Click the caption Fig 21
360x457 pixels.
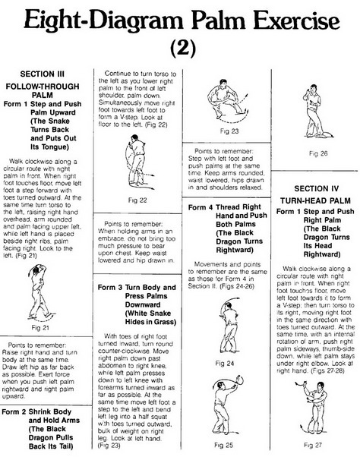40,328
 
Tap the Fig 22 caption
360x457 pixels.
137,200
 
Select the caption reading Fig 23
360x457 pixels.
229,131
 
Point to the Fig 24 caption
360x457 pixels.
225,363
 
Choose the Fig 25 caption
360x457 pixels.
223,445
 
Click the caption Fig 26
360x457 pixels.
318,153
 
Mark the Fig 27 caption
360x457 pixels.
313,445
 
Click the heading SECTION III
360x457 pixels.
43,74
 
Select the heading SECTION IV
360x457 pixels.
316,188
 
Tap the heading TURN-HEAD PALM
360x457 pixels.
315,200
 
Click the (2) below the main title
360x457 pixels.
183,47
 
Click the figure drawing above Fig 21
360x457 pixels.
41,292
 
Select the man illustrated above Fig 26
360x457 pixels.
317,111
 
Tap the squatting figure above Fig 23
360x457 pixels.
228,100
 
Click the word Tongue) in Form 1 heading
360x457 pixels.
49,147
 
